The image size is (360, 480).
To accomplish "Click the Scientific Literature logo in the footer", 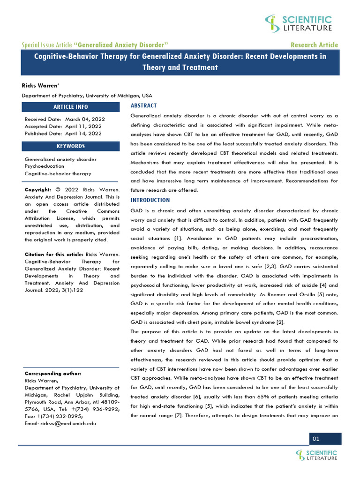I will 316,455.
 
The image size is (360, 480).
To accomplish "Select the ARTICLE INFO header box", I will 70,107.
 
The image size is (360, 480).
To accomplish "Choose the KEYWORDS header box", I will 70,146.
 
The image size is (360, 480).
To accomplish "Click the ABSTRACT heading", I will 143,105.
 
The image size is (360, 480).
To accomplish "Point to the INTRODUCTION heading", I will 150,200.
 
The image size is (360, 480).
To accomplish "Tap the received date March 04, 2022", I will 83,119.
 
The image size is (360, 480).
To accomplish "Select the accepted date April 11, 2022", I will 83,126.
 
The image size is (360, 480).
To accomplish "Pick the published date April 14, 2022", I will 83,133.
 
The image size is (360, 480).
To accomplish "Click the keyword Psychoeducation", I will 45,166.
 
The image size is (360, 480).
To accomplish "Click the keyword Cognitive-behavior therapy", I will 58,173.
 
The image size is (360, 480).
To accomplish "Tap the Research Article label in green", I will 314,45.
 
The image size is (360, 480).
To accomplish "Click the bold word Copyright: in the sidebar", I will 38,189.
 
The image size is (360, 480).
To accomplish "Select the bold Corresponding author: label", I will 52,374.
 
